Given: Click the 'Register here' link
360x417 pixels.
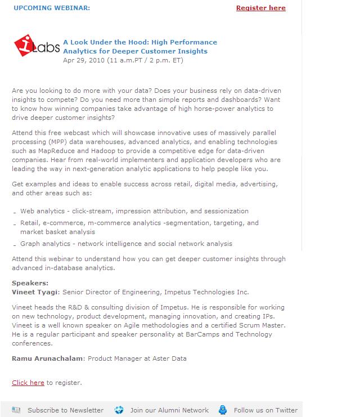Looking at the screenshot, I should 260,8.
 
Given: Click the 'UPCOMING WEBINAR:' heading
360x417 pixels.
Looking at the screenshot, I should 51,8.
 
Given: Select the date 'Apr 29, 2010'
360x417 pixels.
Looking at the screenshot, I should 83,60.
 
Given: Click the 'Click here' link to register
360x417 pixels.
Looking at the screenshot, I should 28,383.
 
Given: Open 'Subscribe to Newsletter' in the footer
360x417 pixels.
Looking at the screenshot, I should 65,410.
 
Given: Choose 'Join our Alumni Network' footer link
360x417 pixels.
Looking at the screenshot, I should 169,410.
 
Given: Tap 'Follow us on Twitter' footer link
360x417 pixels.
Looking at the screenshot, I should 265,410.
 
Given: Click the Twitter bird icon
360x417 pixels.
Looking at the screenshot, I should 223,410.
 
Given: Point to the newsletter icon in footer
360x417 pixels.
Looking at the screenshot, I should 16,410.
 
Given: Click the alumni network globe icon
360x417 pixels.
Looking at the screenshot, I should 119,410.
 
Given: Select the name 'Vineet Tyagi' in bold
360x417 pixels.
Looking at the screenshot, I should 35,292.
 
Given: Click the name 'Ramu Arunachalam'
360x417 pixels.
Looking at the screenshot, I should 48,358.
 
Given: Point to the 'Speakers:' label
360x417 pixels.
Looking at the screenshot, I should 30,283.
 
